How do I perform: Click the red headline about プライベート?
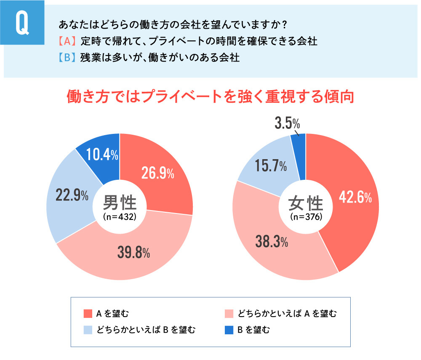coord(210,97)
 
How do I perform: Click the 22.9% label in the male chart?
coord(72,196)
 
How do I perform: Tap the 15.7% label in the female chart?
coord(271,167)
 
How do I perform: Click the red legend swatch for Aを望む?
coord(88,314)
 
